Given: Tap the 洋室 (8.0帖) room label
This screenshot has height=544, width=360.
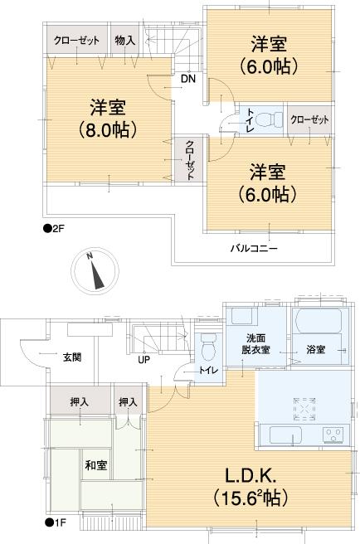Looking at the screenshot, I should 108,119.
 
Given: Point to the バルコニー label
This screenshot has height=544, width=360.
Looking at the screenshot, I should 253,247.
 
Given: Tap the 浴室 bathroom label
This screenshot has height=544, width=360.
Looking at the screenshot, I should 315,349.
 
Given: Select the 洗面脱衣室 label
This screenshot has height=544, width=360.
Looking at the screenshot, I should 255,343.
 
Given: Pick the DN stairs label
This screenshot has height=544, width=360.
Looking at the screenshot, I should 188,80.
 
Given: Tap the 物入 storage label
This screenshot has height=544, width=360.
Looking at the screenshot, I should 126,39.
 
